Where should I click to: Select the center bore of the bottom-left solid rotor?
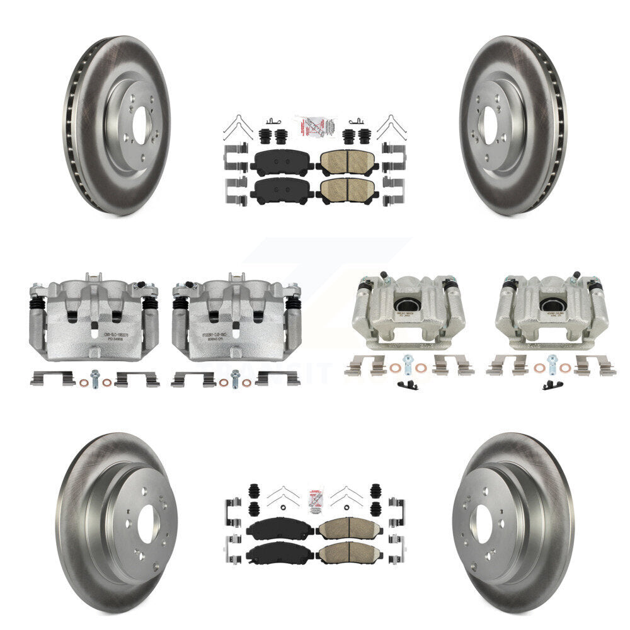(146, 524)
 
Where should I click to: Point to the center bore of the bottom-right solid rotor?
(484, 524)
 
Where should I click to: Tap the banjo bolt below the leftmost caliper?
(94, 376)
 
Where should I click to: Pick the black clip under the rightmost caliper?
(551, 385)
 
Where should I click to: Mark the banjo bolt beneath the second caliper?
(236, 376)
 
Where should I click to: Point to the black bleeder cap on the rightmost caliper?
(575, 275)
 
